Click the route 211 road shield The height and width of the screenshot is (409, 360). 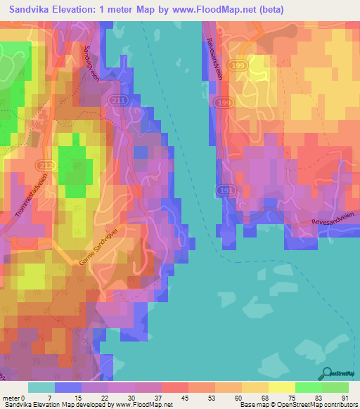[x=117, y=101]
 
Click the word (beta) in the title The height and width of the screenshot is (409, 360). [x=264, y=9]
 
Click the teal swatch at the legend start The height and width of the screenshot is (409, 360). [x=41, y=387]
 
